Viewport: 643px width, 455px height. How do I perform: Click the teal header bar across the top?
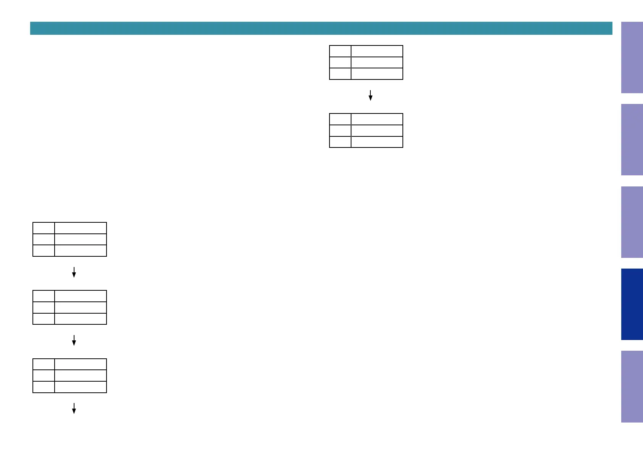[x=321, y=28]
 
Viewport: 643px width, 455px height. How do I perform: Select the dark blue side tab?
[x=632, y=304]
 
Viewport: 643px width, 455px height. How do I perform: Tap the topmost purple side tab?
[x=632, y=57]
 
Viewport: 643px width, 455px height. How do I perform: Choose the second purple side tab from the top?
[x=632, y=139]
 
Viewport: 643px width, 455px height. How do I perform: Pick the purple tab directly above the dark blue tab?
[x=632, y=222]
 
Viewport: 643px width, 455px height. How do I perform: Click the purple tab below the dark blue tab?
[x=632, y=386]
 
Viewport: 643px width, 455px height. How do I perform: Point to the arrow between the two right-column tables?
[x=370, y=96]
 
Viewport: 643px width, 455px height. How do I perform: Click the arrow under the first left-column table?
[x=74, y=272]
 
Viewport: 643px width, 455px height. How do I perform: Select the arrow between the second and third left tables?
[x=74, y=340]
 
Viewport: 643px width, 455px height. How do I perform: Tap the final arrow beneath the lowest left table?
[x=74, y=408]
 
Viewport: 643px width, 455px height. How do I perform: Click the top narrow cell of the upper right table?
[x=340, y=51]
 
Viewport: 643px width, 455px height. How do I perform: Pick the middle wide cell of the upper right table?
[x=377, y=63]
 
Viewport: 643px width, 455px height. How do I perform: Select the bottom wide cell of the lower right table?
[x=377, y=142]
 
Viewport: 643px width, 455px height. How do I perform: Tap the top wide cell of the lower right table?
[x=377, y=119]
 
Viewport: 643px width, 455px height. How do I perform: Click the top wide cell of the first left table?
[x=81, y=228]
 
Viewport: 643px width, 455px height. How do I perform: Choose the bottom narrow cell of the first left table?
[x=44, y=251]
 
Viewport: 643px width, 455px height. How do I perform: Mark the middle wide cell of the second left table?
[x=81, y=308]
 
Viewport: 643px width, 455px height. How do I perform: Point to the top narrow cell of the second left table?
[x=44, y=296]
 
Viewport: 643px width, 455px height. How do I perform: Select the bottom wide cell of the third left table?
[x=81, y=387]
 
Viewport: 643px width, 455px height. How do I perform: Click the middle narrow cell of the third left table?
[x=44, y=376]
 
